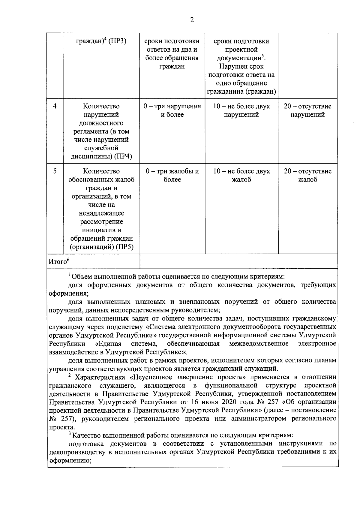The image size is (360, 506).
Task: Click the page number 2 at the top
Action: tap(192, 20)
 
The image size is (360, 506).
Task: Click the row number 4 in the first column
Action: tap(55, 106)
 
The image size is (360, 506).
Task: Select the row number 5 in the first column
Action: tap(55, 171)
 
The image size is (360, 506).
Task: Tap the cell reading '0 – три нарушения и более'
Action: tap(172, 110)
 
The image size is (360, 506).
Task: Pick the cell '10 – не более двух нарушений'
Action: tap(241, 110)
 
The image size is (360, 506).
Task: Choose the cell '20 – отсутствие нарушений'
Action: tap(307, 110)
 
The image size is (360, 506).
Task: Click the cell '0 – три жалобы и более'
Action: tap(172, 176)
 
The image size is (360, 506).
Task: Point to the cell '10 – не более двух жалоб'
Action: tap(241, 176)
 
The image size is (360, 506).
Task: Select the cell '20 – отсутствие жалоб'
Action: tap(307, 176)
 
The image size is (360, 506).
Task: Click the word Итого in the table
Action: tap(57, 262)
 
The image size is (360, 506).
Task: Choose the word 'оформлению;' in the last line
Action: tap(70, 460)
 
